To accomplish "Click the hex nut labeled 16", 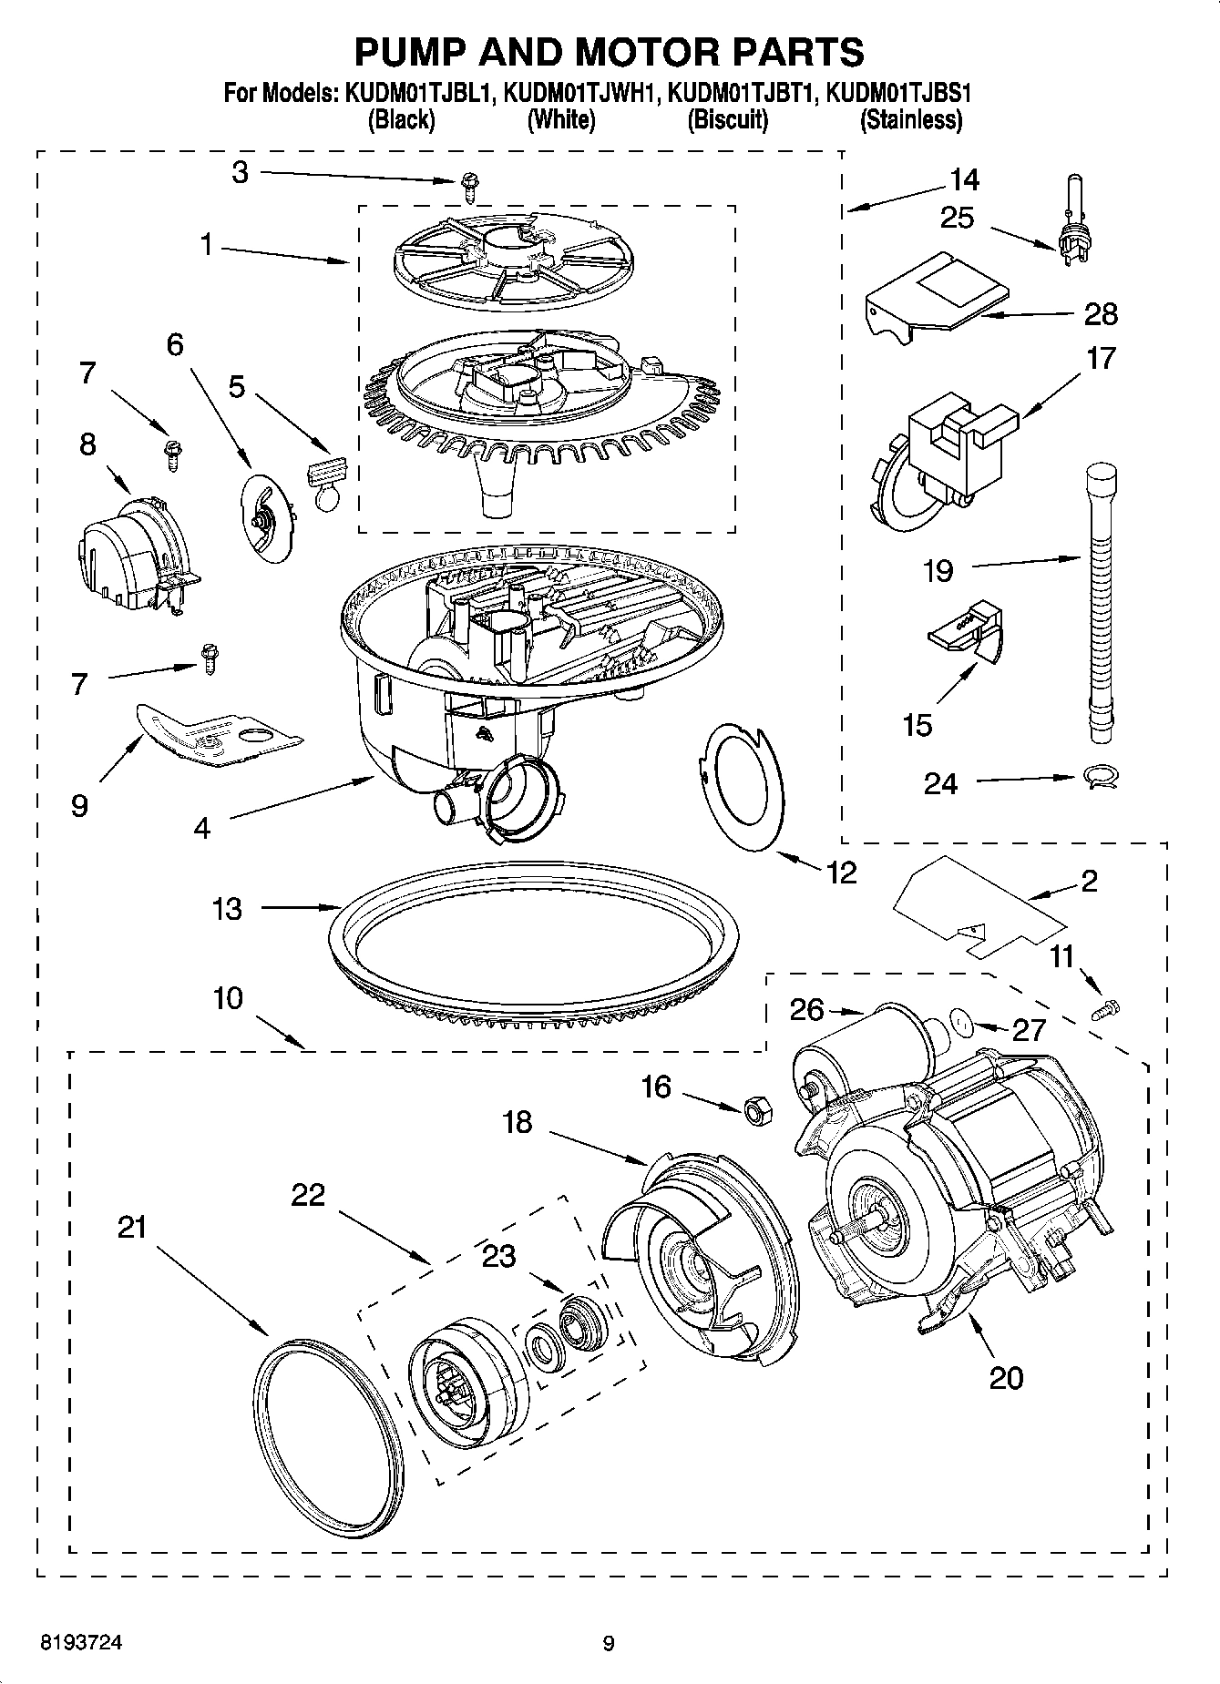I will [x=756, y=1110].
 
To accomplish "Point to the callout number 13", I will [x=227, y=908].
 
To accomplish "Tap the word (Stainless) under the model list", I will [x=910, y=119].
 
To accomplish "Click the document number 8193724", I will [x=81, y=1644].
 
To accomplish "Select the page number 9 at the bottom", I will [x=609, y=1644].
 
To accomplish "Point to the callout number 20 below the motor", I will [x=1006, y=1378].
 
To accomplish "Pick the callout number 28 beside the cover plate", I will [x=1101, y=313].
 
